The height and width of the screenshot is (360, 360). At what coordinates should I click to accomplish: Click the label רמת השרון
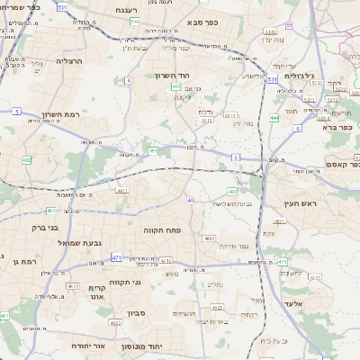click(x=36, y=115)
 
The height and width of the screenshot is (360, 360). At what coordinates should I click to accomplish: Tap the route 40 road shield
click(x=190, y=200)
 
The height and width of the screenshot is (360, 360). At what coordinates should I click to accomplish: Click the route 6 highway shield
click(x=296, y=129)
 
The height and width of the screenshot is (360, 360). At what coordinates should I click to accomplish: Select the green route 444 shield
click(x=274, y=118)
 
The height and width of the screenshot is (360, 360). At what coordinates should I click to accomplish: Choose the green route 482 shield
click(x=153, y=151)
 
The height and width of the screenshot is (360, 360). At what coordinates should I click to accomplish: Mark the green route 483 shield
click(x=233, y=192)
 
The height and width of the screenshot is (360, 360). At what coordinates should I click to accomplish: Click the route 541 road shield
click(x=134, y=20)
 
